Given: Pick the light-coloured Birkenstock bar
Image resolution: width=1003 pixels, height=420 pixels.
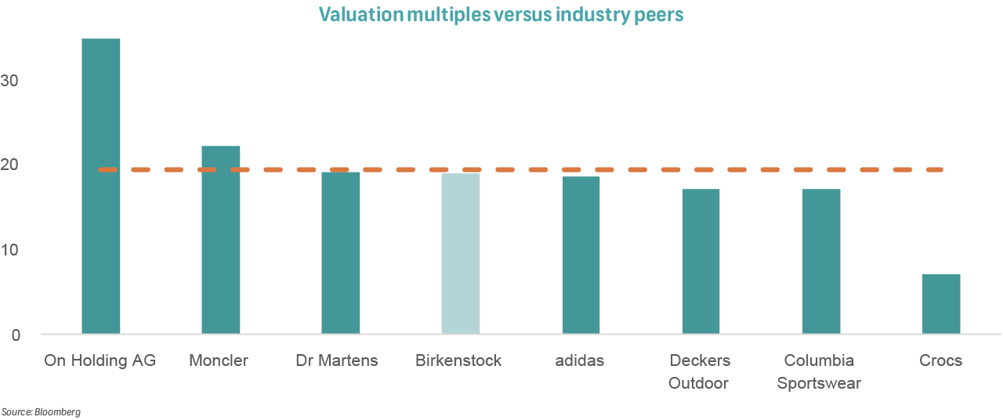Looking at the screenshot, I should coord(461,254).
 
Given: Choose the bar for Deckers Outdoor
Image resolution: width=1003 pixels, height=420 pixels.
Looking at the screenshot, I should coord(701,262).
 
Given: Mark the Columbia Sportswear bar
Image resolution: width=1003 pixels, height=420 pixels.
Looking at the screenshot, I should coord(821,262).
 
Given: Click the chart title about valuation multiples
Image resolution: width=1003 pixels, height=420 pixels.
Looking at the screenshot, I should coord(501,15).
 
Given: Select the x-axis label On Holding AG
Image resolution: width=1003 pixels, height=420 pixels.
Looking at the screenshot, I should coord(100,361).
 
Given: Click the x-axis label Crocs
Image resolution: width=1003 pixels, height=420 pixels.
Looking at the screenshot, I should coord(941,361).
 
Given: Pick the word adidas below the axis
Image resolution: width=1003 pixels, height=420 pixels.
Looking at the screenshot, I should coord(581,361).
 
